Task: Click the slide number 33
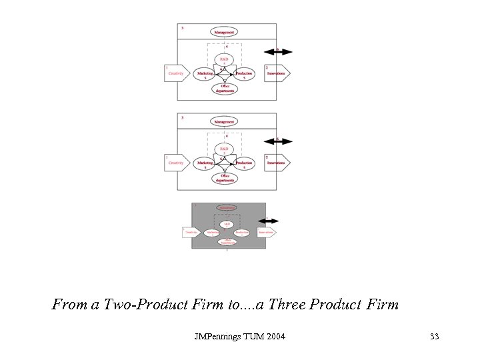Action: tap(434, 336)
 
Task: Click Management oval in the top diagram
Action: tap(224, 32)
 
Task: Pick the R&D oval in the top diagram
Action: tap(224, 60)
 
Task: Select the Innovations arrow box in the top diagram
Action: tap(277, 73)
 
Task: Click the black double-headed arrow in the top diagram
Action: tap(278, 51)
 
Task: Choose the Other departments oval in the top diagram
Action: tap(224, 89)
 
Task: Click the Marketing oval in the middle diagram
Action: tap(205, 163)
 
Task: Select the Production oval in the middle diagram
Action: tap(244, 163)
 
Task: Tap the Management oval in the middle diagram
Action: tap(224, 121)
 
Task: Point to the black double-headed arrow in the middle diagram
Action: tap(278, 141)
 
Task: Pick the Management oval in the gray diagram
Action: tap(227, 207)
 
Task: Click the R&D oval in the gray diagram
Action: tap(227, 224)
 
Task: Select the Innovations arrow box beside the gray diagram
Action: tap(266, 233)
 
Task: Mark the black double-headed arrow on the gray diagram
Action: tap(269, 220)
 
